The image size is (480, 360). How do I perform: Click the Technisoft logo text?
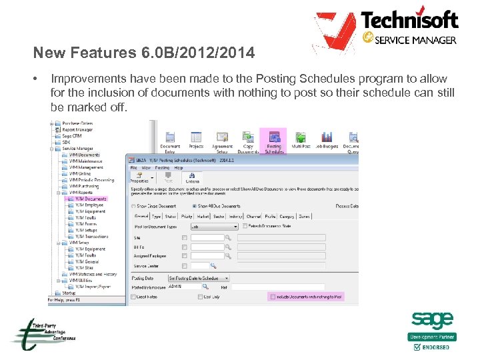coord(409,19)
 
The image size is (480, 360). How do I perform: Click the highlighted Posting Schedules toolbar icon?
coord(273,139)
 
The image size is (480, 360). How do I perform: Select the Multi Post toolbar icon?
coord(301,138)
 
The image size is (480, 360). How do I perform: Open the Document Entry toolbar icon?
coord(171,139)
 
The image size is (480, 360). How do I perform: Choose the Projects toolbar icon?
coord(195,138)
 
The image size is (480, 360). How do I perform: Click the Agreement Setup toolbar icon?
coord(222,138)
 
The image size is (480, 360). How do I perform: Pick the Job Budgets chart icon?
coord(327,138)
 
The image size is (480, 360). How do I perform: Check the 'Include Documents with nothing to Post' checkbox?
coord(272,296)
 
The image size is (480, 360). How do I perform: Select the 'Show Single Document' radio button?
coord(133,206)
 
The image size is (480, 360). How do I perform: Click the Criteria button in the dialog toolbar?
coord(192,178)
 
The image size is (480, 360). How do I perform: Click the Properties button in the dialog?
coord(139,178)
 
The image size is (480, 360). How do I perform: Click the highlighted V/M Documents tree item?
coord(90,199)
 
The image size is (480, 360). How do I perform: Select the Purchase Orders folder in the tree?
coord(77,123)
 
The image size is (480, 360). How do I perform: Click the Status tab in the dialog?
coord(170,216)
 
